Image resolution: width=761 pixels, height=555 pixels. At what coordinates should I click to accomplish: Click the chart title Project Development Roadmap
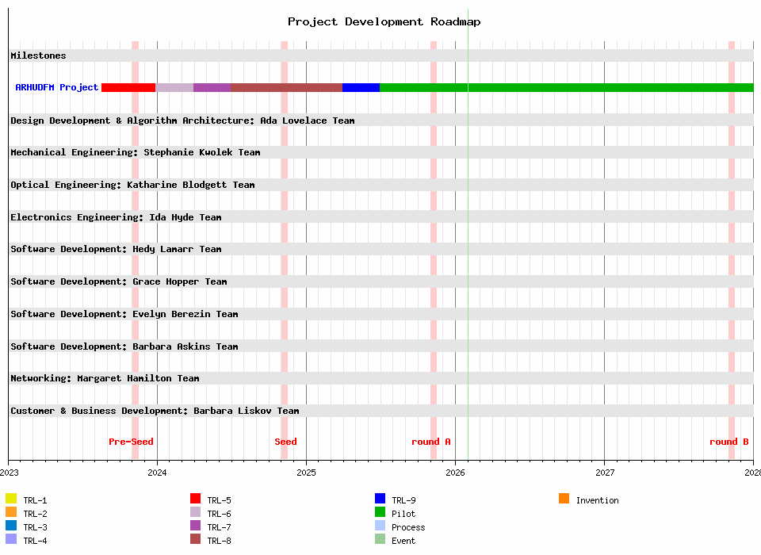pyautogui.click(x=384, y=21)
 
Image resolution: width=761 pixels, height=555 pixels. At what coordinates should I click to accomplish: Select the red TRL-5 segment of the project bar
pyautogui.click(x=128, y=87)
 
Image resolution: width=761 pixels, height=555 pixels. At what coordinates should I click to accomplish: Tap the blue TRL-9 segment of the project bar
pyautogui.click(x=361, y=87)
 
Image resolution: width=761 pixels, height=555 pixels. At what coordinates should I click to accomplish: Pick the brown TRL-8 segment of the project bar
pyautogui.click(x=286, y=87)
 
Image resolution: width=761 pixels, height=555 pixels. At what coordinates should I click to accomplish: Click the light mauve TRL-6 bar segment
pyautogui.click(x=174, y=87)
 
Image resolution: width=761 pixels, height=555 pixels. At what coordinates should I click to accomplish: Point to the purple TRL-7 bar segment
pyautogui.click(x=212, y=87)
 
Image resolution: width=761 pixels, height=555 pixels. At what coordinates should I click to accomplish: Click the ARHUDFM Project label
pyautogui.click(x=57, y=87)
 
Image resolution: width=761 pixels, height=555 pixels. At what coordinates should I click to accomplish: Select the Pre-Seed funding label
pyautogui.click(x=131, y=442)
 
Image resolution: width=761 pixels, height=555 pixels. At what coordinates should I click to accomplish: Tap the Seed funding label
pyautogui.click(x=285, y=442)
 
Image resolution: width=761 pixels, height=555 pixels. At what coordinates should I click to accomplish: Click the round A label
pyautogui.click(x=430, y=442)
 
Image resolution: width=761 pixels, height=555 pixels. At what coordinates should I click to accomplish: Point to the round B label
pyautogui.click(x=728, y=442)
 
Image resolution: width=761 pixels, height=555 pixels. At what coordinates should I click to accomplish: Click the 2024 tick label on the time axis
pyautogui.click(x=157, y=473)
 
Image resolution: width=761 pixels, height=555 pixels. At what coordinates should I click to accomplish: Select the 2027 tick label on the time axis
pyautogui.click(x=604, y=473)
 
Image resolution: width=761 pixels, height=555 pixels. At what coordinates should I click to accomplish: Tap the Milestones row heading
pyautogui.click(x=38, y=55)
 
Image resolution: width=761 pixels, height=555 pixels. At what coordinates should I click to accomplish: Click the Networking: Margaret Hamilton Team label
pyautogui.click(x=105, y=378)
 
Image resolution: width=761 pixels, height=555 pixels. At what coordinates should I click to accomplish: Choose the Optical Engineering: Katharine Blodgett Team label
pyautogui.click(x=132, y=185)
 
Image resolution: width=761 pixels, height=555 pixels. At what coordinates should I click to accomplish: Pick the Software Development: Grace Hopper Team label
pyautogui.click(x=118, y=281)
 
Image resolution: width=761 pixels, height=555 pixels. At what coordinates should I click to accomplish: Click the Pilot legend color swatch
pyautogui.click(x=380, y=512)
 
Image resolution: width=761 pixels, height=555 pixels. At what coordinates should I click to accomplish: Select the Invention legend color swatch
pyautogui.click(x=564, y=499)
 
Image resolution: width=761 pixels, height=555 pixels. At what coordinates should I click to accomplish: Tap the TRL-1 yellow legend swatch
pyautogui.click(x=11, y=499)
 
